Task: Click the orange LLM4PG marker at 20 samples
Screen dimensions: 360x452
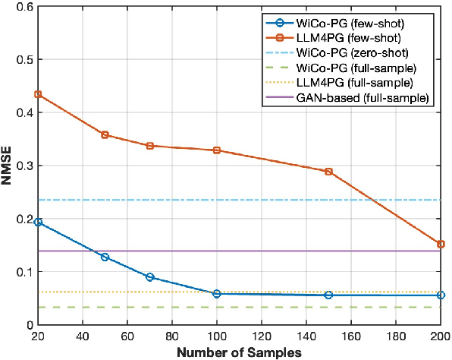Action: pyautogui.click(x=38, y=94)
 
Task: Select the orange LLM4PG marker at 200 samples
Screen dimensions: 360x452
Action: pyautogui.click(x=441, y=244)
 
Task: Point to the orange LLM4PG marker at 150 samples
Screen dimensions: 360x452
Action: pyautogui.click(x=328, y=172)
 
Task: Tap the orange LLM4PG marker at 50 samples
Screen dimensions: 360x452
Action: pyautogui.click(x=105, y=134)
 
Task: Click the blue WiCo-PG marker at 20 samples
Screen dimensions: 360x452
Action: pyautogui.click(x=38, y=222)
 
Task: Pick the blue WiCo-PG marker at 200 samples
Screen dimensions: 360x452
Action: pyautogui.click(x=441, y=295)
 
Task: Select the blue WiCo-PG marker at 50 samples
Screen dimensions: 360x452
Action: pyautogui.click(x=105, y=257)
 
